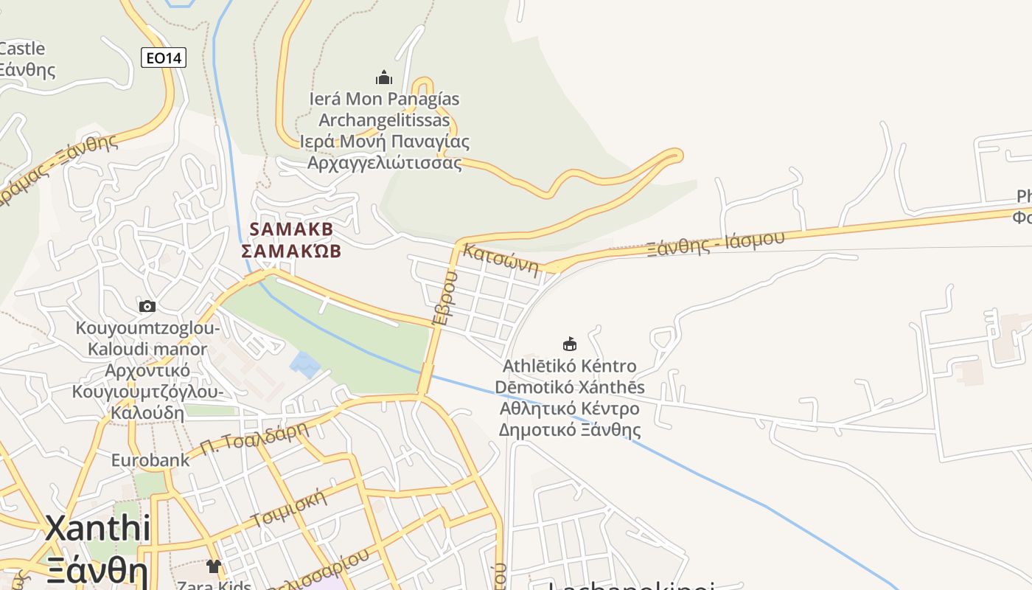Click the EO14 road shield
click(x=164, y=58)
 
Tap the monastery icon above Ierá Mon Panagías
click(x=383, y=77)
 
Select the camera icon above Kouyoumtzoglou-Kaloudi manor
click(x=147, y=306)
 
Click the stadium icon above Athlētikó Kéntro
click(x=570, y=344)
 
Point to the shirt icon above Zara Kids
click(x=214, y=566)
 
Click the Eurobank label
click(x=150, y=460)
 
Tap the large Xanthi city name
click(x=98, y=528)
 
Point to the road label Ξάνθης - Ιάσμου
click(x=715, y=242)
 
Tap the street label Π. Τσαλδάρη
click(x=253, y=438)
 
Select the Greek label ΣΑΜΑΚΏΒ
click(x=292, y=251)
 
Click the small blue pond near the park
click(x=305, y=364)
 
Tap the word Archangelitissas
click(x=384, y=120)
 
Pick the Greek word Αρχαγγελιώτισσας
click(x=385, y=163)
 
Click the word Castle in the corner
click(x=22, y=49)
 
